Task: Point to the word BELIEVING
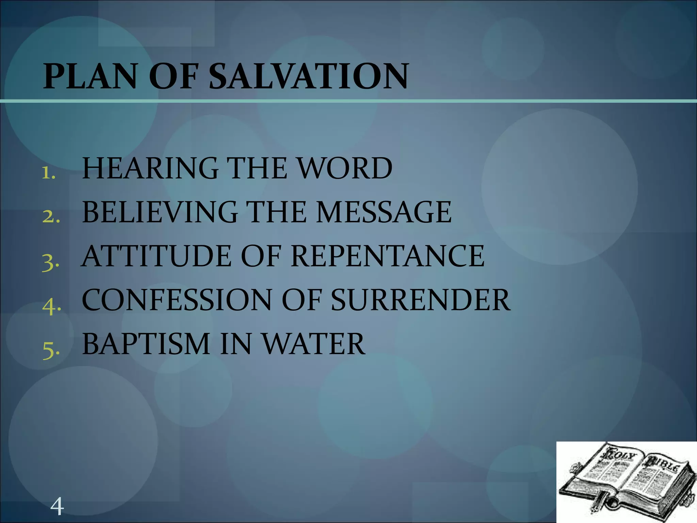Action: pos(160,212)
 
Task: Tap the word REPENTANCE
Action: pos(388,256)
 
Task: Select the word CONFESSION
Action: pos(177,300)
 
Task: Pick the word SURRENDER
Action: pos(421,300)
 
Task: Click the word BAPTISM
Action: pos(146,344)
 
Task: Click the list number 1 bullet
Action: pos(49,174)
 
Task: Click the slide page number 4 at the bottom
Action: pos(57,506)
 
